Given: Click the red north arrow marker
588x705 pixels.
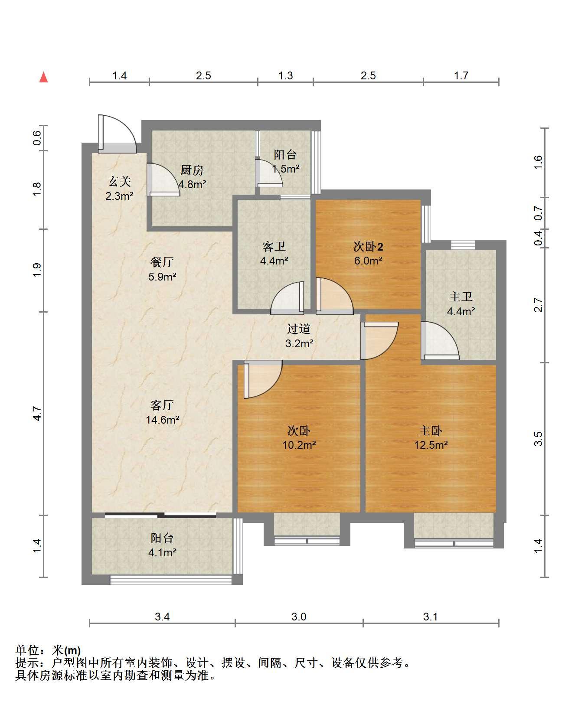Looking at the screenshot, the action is click(x=43, y=77).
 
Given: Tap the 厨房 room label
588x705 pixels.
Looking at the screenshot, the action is click(x=192, y=170).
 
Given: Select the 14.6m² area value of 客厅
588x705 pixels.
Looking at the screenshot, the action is click(x=163, y=420).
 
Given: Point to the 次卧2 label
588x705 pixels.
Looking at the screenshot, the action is click(x=368, y=247).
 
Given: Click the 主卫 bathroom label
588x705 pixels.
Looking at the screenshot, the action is click(x=461, y=297).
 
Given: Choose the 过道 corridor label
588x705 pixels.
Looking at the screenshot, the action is click(x=299, y=329).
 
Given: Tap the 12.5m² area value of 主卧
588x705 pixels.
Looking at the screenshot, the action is click(x=431, y=445).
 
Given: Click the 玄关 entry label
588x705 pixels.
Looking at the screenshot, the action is click(x=119, y=182).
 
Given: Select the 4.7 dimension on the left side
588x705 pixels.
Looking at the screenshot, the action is click(x=37, y=413).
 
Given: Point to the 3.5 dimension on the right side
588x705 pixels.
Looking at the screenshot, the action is click(x=538, y=439).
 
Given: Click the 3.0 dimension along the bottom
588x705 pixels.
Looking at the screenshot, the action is click(x=299, y=616).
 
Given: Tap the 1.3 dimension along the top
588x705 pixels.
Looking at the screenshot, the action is click(x=285, y=75).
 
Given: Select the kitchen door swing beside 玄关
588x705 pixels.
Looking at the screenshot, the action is click(x=163, y=180).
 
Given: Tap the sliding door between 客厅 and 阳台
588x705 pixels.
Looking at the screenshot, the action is click(x=160, y=516).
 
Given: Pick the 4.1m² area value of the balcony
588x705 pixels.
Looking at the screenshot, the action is click(x=163, y=552).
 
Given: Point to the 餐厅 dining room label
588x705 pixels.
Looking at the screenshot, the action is click(x=162, y=262).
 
